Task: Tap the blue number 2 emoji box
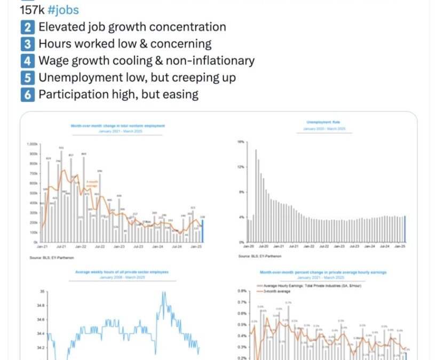pos(28,27)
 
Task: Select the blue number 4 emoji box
pos(28,61)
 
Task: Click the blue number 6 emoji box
pos(28,94)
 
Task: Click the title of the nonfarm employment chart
pos(118,126)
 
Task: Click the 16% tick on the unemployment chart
pos(240,142)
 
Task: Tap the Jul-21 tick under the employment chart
pos(61,247)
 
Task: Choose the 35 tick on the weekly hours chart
pos(41,292)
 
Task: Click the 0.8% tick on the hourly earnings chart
pos(241,292)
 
